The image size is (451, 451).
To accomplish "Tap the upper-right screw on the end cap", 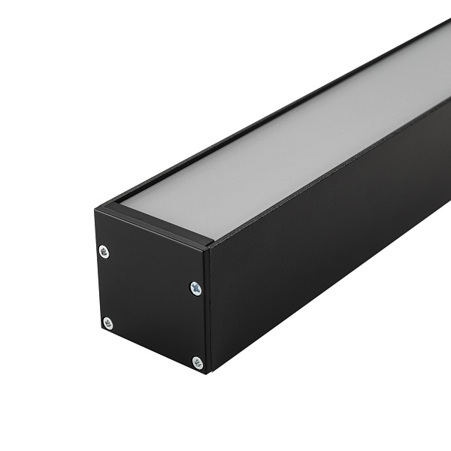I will pos(195,288).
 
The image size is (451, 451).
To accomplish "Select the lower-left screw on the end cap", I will pos(107,322).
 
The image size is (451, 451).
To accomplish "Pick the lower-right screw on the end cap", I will pos(197,363).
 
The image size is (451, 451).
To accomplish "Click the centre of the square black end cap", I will pos(150,301).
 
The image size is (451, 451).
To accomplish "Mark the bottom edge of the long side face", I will pos(331,301).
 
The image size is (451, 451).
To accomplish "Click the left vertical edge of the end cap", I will pos(97,271).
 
